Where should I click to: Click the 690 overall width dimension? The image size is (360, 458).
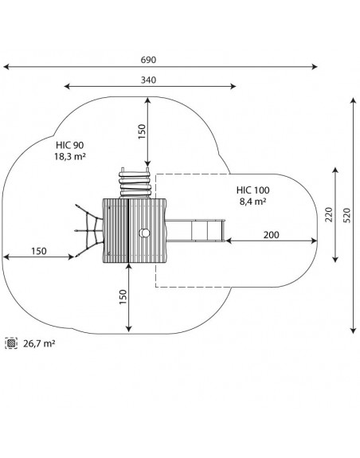click(x=148, y=60)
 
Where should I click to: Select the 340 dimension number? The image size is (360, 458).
click(x=148, y=80)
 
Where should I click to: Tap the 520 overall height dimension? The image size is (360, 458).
click(x=346, y=215)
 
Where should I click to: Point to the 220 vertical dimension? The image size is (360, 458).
click(x=329, y=214)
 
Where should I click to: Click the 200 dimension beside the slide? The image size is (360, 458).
click(x=271, y=234)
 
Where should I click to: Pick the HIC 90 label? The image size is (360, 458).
click(x=70, y=145)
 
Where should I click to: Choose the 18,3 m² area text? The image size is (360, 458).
click(x=70, y=156)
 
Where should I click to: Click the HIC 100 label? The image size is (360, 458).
click(x=252, y=190)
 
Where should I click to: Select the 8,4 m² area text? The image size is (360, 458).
click(x=252, y=202)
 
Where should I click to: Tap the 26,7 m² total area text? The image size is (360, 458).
click(x=39, y=343)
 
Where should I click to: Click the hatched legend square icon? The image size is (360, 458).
click(x=11, y=343)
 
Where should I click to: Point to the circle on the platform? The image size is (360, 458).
click(x=144, y=233)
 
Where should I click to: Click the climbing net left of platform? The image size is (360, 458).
click(x=88, y=231)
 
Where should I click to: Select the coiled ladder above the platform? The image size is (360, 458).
click(x=135, y=183)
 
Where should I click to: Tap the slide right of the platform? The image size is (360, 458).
click(x=195, y=231)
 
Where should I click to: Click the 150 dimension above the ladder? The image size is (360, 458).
click(x=142, y=131)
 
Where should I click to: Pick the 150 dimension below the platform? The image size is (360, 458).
click(x=123, y=297)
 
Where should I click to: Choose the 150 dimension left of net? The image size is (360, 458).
click(x=39, y=251)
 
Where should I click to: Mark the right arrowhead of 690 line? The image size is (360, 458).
click(x=315, y=67)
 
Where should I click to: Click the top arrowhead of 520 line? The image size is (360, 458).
click(x=354, y=101)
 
